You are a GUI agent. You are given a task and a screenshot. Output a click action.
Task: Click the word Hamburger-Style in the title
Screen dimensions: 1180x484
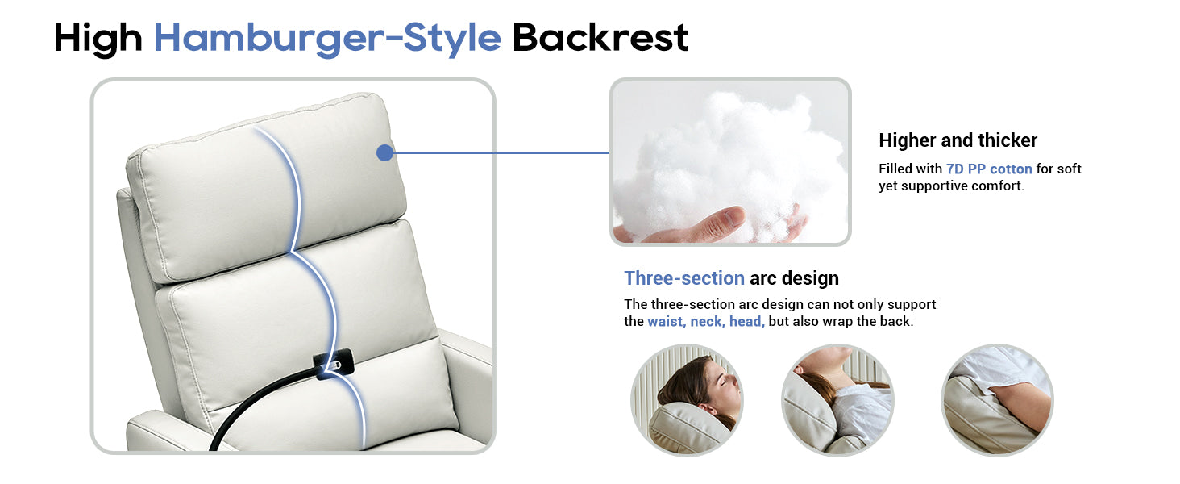click(327, 39)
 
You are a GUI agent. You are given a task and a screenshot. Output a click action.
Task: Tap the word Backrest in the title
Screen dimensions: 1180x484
click(600, 37)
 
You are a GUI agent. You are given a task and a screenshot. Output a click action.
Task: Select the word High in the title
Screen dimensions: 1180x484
click(98, 39)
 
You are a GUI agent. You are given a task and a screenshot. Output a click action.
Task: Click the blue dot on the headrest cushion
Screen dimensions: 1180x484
click(385, 153)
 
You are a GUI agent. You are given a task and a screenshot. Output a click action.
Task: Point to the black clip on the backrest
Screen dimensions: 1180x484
click(333, 364)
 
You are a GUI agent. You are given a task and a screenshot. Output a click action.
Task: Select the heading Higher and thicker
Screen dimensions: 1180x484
click(958, 140)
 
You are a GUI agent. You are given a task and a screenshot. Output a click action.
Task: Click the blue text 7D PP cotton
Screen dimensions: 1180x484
click(989, 169)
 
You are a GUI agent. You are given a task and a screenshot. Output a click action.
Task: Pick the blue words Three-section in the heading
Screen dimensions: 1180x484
click(684, 277)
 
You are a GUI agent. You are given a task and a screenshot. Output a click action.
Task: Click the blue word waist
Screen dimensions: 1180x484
click(667, 322)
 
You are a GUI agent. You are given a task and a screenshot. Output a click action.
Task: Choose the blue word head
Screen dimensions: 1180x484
click(746, 322)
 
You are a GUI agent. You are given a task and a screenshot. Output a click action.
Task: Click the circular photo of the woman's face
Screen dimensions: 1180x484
click(687, 400)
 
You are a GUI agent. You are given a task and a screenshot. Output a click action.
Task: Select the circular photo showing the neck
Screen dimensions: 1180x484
click(837, 400)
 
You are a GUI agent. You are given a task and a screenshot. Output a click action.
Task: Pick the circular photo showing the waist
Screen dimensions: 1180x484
click(997, 400)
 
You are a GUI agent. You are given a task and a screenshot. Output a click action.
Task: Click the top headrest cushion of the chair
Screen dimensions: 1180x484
click(266, 187)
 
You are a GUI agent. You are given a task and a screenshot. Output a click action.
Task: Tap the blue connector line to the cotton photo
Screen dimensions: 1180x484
click(501, 153)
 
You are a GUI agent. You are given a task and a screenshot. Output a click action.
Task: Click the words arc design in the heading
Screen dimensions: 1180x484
click(794, 277)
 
